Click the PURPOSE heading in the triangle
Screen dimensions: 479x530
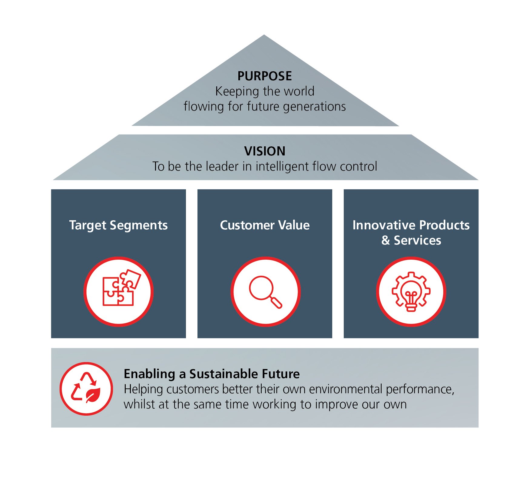click(264, 76)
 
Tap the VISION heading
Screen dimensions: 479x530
click(265, 151)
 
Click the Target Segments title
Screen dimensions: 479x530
click(118, 225)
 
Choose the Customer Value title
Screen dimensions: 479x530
click(265, 225)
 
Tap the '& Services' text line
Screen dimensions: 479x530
click(411, 240)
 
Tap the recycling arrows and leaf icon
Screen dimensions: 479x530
click(86, 389)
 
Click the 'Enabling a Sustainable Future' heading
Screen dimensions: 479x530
click(212, 374)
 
